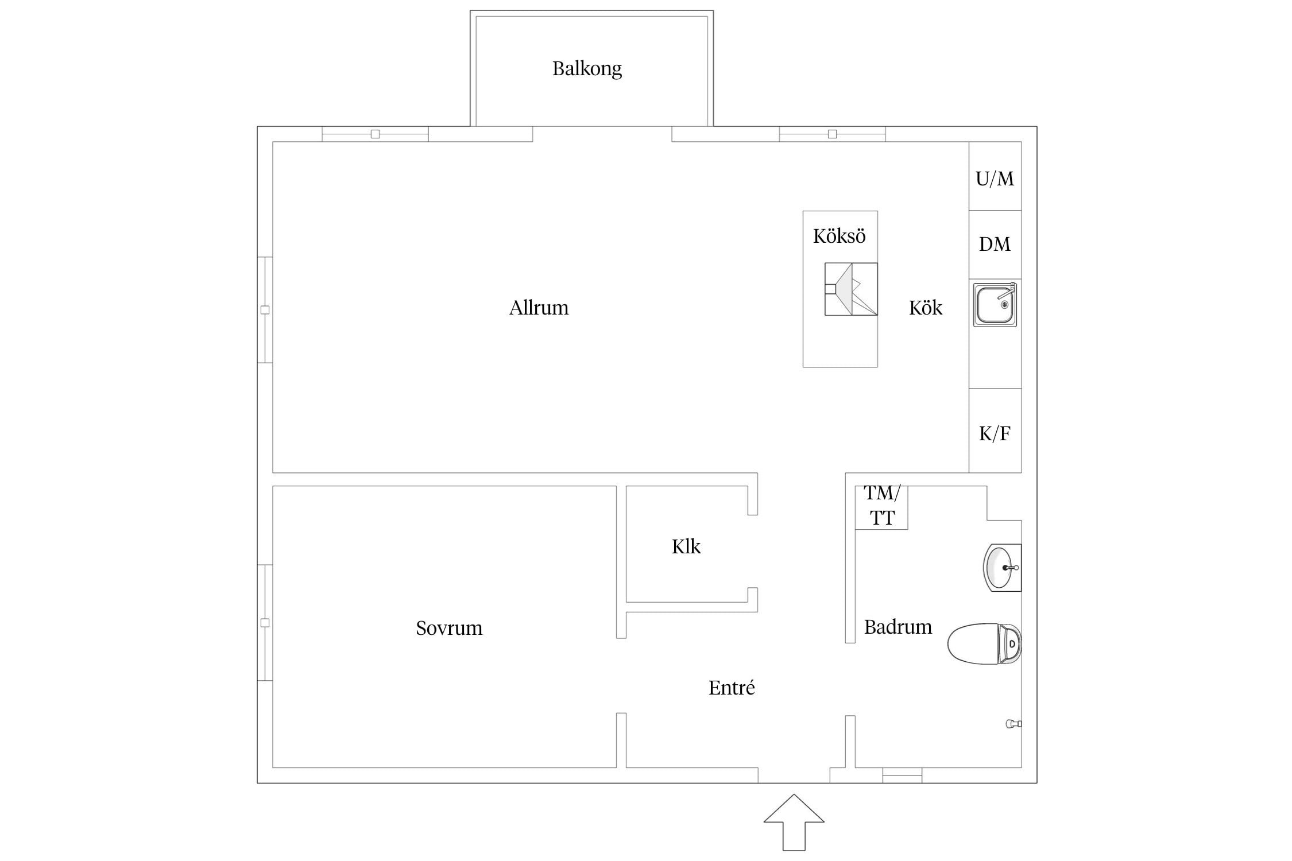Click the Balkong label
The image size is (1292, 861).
(587, 69)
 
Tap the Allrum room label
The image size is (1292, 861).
(539, 308)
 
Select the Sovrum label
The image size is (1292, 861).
(449, 628)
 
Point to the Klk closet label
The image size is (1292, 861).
(686, 546)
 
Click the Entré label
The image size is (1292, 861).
(732, 687)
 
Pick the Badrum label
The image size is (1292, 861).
(898, 627)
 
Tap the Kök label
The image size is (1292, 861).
(926, 308)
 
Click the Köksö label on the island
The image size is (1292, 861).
(840, 236)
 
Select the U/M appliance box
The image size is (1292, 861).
(995, 176)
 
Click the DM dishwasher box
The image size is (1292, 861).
(995, 245)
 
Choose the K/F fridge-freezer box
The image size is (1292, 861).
(995, 430)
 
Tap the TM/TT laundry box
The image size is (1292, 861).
(881, 507)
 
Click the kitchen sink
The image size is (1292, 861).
(995, 304)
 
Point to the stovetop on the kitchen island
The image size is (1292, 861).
(851, 289)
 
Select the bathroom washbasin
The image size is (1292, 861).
(1003, 568)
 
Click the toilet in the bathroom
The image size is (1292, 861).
(984, 643)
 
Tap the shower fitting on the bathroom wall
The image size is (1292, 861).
(1014, 724)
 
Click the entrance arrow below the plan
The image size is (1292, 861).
(794, 823)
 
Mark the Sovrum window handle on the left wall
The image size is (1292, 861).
(265, 623)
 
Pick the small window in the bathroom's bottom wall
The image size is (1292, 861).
(902, 775)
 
